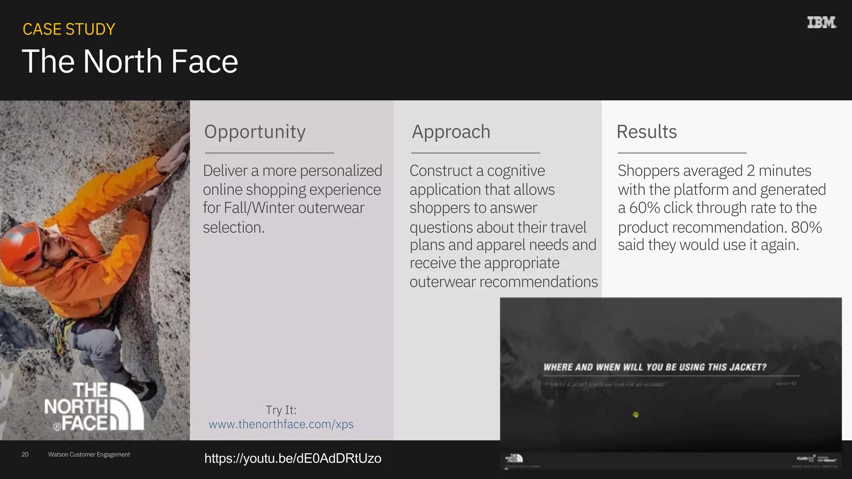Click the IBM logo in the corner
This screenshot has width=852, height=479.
pos(821,22)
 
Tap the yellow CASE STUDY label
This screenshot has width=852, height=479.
pos(69,30)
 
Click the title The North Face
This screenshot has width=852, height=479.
pos(130,62)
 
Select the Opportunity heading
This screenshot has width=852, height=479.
pos(255,132)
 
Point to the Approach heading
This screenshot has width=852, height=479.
pos(451,132)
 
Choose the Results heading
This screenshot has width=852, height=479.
pos(646,132)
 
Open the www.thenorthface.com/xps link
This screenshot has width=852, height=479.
pos(281,424)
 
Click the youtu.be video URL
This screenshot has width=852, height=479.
pos(292,458)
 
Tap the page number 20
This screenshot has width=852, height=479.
pos(25,454)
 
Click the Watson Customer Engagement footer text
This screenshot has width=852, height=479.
pos(89,454)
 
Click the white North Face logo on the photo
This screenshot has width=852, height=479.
pos(94,406)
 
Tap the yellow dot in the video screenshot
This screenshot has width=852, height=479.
pos(636,415)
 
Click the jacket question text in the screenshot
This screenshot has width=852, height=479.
pos(655,367)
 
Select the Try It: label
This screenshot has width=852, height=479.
pos(281,410)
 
